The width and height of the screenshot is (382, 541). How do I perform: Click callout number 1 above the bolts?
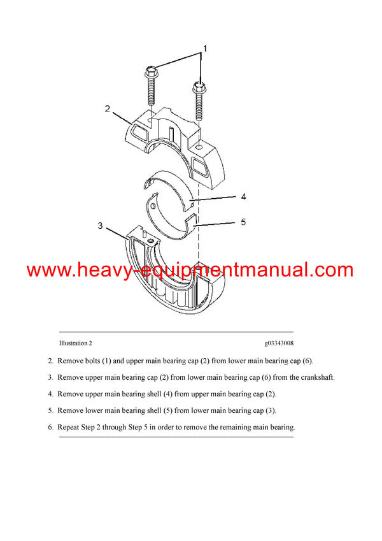[205, 48]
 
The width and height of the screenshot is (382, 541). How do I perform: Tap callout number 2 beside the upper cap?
[108, 108]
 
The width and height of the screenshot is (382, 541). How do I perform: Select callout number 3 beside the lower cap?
[100, 225]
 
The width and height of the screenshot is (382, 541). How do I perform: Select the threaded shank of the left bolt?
[150, 92]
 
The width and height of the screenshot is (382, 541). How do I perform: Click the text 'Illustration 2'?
[76, 343]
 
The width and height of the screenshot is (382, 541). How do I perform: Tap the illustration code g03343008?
[279, 343]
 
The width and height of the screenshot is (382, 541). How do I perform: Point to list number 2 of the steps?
[50, 361]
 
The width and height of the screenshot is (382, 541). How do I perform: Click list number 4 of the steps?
[50, 394]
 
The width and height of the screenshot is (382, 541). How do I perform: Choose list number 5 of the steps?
[50, 410]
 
